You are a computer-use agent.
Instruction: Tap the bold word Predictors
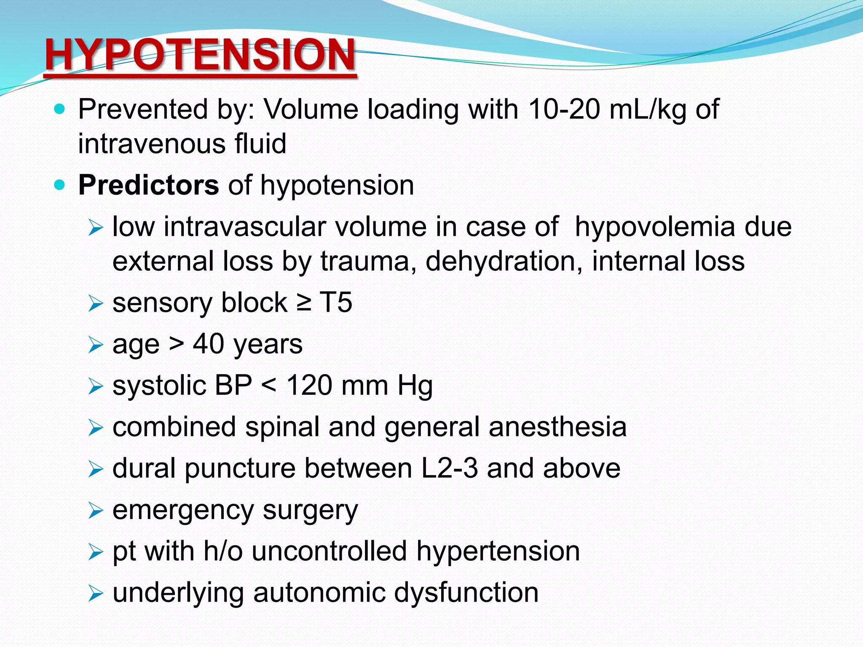coord(148,185)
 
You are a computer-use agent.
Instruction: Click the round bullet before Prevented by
coord(60,110)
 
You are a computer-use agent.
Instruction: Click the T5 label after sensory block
coord(336,302)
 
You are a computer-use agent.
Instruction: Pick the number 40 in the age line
coord(209,344)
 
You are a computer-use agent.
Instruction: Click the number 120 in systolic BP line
coord(311,385)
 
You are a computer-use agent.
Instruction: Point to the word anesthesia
coord(557,427)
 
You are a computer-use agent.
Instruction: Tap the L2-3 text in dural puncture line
coord(450,468)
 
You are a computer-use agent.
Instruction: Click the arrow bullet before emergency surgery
coord(96,511)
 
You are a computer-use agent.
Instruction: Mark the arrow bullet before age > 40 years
coord(96,345)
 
